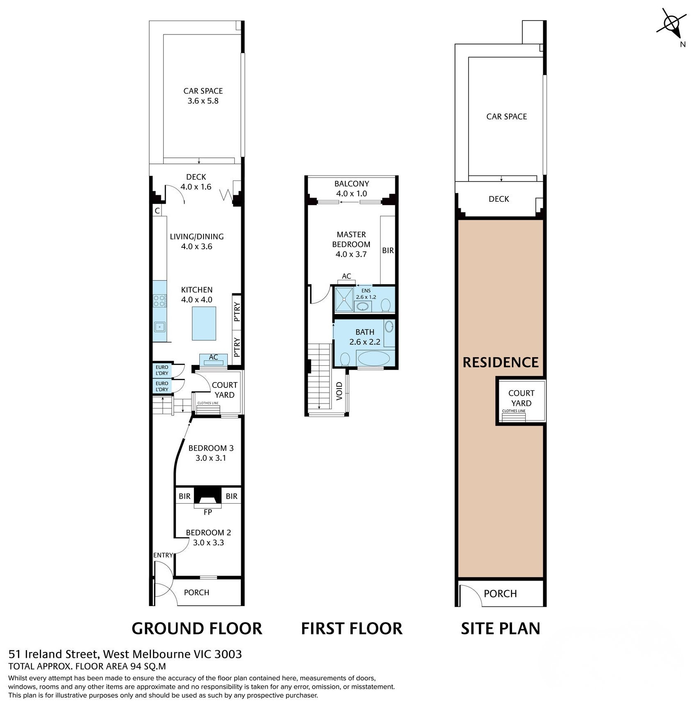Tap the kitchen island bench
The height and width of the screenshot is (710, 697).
tap(204, 323)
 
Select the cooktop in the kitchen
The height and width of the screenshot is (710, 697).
tap(159, 301)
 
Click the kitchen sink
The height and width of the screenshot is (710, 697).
tap(159, 327)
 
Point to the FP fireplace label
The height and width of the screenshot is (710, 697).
tap(208, 512)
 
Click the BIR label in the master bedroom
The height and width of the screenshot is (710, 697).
tap(388, 250)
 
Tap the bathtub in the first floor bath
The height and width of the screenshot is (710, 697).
tap(374, 358)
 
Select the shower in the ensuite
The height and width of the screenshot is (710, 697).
tap(344, 299)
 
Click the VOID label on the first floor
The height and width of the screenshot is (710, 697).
tap(339, 391)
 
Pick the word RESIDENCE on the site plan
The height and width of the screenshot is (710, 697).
tap(501, 362)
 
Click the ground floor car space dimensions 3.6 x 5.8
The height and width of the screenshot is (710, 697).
tap(203, 101)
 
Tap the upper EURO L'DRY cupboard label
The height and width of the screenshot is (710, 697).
tap(162, 370)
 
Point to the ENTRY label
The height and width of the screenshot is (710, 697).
tap(163, 555)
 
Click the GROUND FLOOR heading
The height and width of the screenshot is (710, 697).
tap(197, 629)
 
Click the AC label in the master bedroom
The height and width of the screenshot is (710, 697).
tap(346, 276)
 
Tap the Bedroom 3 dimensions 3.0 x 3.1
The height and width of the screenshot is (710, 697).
tap(211, 458)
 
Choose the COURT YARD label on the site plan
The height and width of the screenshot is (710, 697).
tap(522, 398)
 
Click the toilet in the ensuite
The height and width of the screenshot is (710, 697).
tap(386, 305)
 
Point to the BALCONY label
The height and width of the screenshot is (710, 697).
tap(352, 184)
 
